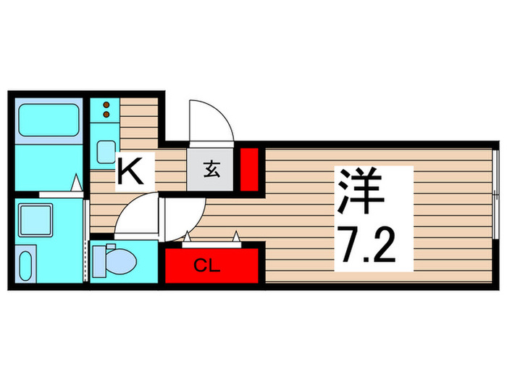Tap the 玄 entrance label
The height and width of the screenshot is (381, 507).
click(x=211, y=171)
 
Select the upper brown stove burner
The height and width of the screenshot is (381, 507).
click(x=106, y=104)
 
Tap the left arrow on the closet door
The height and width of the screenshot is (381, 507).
click(x=188, y=235)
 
